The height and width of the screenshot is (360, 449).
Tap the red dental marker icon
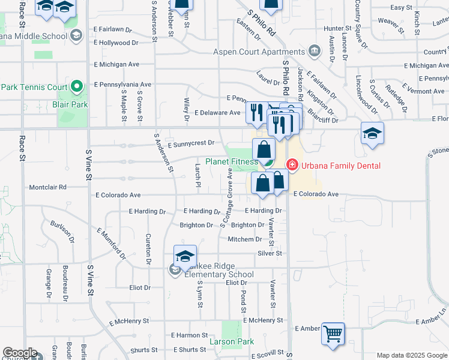[292, 164]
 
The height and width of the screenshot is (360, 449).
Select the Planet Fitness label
[232, 161]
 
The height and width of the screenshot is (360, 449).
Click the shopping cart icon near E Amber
[333, 333]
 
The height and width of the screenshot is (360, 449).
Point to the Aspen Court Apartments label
[259, 52]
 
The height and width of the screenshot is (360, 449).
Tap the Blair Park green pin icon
[76, 88]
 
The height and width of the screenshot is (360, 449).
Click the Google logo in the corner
[20, 352]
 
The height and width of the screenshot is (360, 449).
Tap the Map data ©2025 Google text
[411, 355]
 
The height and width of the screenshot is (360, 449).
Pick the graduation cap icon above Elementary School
[185, 255]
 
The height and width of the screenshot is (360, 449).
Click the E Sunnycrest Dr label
[191, 143]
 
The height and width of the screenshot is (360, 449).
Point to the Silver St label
[270, 254]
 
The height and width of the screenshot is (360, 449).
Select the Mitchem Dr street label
[245, 239]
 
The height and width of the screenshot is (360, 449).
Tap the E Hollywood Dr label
[117, 43]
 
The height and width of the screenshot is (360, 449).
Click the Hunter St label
[336, 28]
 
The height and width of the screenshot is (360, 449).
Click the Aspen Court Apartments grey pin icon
[313, 50]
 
